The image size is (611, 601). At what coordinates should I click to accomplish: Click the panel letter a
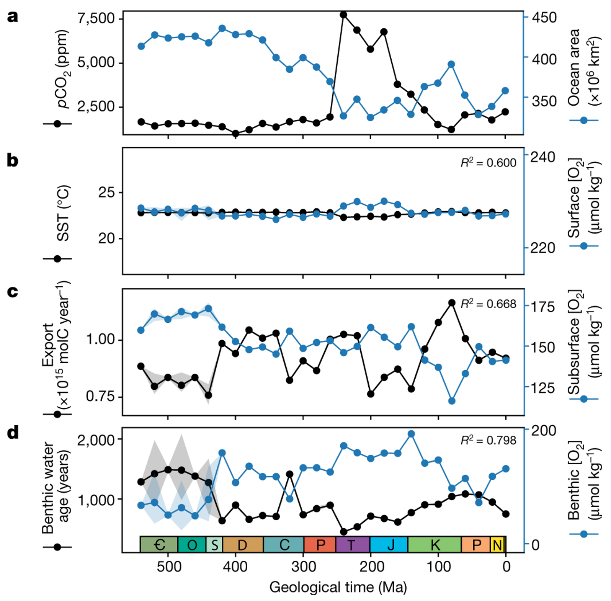pyautogui.click(x=13, y=17)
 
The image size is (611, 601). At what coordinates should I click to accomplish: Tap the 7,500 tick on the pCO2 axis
pyautogui.click(x=96, y=18)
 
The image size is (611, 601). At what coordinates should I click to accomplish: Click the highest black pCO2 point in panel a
pyautogui.click(x=343, y=15)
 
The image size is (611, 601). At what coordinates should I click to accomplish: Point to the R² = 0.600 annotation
pyautogui.click(x=488, y=163)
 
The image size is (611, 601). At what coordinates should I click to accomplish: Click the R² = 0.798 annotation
pyautogui.click(x=488, y=441)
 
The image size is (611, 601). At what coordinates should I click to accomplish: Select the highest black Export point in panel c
pyautogui.click(x=452, y=303)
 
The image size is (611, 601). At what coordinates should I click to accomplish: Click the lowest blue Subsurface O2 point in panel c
pyautogui.click(x=452, y=401)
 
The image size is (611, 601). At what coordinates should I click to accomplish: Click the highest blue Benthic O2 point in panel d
pyautogui.click(x=411, y=434)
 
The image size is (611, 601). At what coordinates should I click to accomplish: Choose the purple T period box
pyautogui.click(x=353, y=544)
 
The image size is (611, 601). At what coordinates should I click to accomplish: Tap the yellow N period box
pyautogui.click(x=498, y=544)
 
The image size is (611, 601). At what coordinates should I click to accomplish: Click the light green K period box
pyautogui.click(x=435, y=544)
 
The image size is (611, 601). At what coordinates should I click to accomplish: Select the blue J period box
pyautogui.click(x=389, y=544)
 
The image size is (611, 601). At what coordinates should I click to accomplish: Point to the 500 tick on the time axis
pyautogui.click(x=168, y=566)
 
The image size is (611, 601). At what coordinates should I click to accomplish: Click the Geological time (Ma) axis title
pyautogui.click(x=338, y=587)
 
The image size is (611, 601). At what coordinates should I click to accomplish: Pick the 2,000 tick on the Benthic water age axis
pyautogui.click(x=96, y=440)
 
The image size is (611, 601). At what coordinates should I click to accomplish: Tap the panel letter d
pyautogui.click(x=13, y=433)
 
